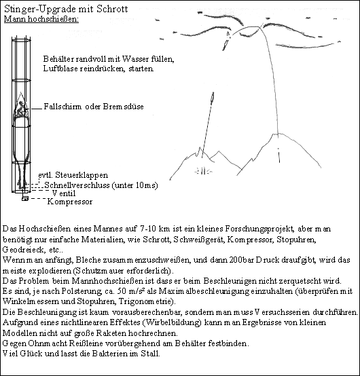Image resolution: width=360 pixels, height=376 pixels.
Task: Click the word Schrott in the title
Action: (112, 9)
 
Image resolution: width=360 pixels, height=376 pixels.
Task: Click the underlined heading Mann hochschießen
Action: (41, 19)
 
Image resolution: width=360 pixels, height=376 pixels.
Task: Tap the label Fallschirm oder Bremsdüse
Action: (94, 107)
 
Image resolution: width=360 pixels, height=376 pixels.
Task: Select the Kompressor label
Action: (70, 202)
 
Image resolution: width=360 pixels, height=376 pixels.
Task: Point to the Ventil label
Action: (64, 193)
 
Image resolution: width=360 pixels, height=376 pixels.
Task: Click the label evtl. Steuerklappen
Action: (73, 175)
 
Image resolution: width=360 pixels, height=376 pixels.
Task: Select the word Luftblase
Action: (60, 69)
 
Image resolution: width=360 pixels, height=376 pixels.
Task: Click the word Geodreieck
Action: (24, 250)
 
